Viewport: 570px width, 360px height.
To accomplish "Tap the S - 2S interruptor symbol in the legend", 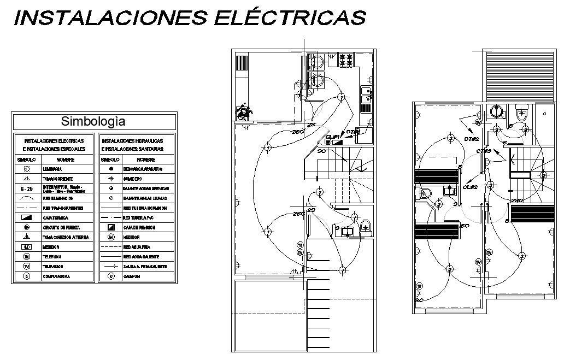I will click(x=26, y=189).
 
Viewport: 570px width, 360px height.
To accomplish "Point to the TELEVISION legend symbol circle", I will click(x=26, y=267).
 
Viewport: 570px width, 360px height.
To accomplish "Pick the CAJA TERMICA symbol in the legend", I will click(x=26, y=218).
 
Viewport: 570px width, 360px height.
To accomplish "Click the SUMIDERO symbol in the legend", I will click(x=111, y=179).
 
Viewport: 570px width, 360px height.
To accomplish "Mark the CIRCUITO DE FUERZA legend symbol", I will click(x=26, y=227).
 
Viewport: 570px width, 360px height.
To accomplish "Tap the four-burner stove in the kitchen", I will click(x=346, y=60).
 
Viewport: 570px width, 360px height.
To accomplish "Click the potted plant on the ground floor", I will click(x=242, y=112).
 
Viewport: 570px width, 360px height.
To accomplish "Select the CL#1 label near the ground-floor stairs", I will click(x=333, y=137).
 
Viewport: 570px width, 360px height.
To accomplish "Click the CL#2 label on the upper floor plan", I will click(x=471, y=187).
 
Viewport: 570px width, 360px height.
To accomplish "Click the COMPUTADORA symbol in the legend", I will click(x=26, y=276).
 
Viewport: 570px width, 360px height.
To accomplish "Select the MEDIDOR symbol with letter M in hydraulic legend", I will click(x=111, y=238).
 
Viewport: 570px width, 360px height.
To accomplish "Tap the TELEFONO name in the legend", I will click(x=51, y=257).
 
